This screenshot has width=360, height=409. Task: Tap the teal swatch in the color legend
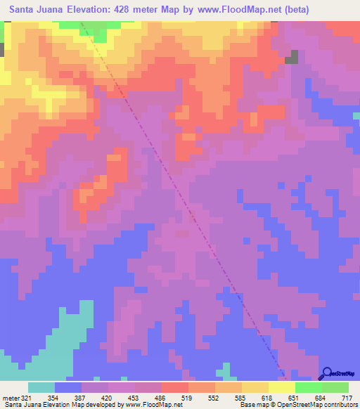41,387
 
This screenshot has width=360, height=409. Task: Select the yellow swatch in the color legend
282,387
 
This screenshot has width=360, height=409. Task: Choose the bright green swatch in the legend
309,387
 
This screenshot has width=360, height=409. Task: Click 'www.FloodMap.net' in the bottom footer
152,404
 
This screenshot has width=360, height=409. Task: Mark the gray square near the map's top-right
291,58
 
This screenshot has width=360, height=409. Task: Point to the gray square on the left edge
2,50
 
